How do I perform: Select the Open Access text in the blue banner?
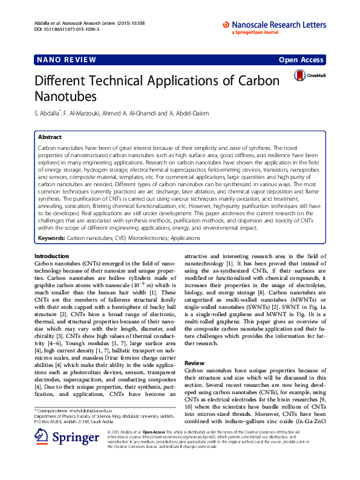(x=301, y=60)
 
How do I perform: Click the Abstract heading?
(x=50, y=137)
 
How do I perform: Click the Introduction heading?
(x=52, y=257)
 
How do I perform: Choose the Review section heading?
(x=194, y=345)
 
